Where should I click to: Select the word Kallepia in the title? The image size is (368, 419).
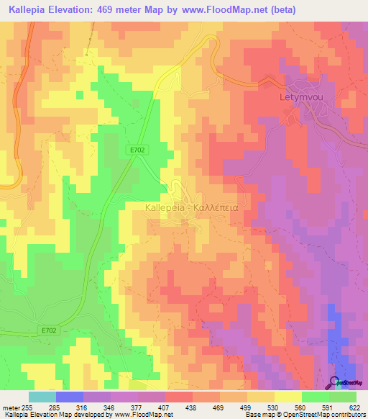pyautogui.click(x=29, y=11)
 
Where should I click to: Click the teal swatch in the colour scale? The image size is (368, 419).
pyautogui.click(x=42, y=397)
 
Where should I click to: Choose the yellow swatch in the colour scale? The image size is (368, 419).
pyautogui.click(x=287, y=397)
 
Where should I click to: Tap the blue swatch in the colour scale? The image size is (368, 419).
pyautogui.click(x=70, y=397)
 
